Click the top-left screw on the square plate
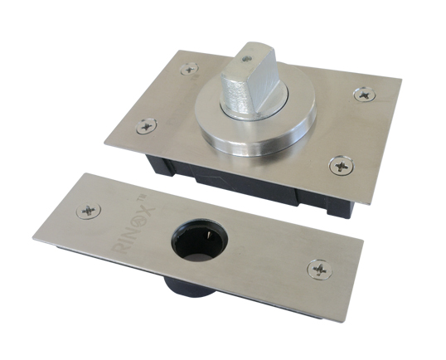coord(190,69)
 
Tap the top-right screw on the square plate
coord(365,95)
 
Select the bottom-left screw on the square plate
coord(147,126)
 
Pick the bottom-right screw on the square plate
coord(342,165)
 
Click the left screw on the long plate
coord(89,212)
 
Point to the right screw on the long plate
coord(320,270)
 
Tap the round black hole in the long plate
coord(200,240)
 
